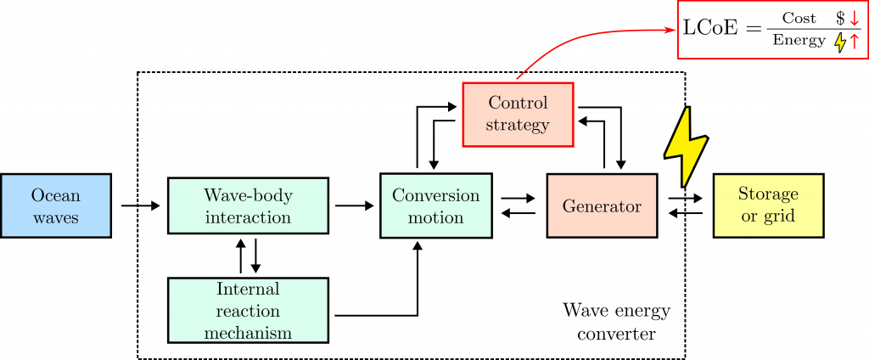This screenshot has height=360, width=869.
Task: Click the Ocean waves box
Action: coord(56,205)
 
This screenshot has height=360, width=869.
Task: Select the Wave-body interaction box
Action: coord(249,205)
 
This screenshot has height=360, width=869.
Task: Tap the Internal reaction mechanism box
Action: coord(249,310)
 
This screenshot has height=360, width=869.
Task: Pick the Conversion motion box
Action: coord(435,205)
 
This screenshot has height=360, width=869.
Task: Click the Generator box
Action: coord(602,205)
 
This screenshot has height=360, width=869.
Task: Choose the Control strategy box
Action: coord(517,115)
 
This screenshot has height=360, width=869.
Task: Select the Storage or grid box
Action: coord(768,205)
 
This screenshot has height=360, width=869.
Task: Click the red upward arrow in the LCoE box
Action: coord(854,42)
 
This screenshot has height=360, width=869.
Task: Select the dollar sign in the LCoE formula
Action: coord(841,19)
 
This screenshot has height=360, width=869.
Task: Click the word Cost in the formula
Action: coord(799,19)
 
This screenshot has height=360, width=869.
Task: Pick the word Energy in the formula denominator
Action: coord(799,41)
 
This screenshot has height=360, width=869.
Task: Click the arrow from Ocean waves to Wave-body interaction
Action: coord(141,205)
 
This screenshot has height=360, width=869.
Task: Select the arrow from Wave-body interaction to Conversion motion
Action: coord(355,205)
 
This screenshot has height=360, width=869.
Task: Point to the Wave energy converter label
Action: coord(616,322)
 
